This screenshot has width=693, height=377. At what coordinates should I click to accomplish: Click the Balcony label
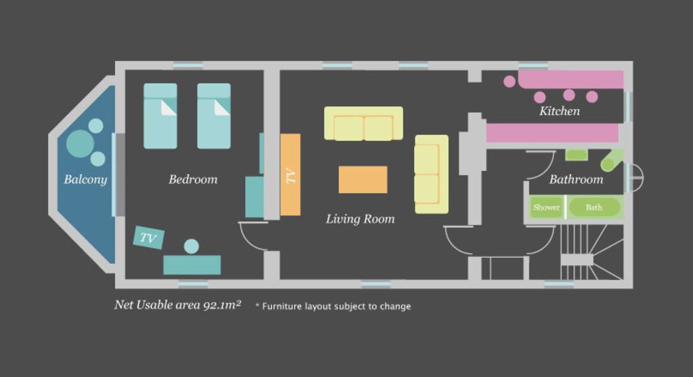coord(85,180)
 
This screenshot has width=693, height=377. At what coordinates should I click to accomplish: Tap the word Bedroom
coord(193,180)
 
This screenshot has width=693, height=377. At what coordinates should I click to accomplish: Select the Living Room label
coord(360,219)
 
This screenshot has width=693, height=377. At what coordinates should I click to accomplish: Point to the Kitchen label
coord(560,111)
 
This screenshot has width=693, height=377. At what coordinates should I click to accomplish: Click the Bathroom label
coord(576,180)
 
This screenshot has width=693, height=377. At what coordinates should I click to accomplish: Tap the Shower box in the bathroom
coord(547,207)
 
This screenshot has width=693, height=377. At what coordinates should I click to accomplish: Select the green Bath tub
coord(594,207)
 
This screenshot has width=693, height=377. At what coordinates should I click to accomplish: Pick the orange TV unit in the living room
coord(290,175)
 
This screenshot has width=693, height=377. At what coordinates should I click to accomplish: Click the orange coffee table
coord(363,180)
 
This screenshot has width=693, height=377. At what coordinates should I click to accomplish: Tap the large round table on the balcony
coord(80,144)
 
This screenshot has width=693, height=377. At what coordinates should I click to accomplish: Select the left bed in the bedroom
coord(160,116)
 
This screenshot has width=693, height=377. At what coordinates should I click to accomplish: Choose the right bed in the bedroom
coord(214,116)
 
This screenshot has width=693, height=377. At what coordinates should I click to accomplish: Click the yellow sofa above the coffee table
coord(363,123)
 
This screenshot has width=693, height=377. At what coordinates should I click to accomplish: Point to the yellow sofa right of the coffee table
coord(431,174)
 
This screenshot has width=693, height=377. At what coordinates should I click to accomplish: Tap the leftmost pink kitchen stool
coord(510,81)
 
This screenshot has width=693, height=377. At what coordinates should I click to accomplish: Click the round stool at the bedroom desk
coord(192,246)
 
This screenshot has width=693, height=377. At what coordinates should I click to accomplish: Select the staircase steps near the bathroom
coord(591,252)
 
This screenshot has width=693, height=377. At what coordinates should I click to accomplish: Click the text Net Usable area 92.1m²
coord(178,305)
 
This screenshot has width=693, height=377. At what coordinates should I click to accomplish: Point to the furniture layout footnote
coord(333,306)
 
